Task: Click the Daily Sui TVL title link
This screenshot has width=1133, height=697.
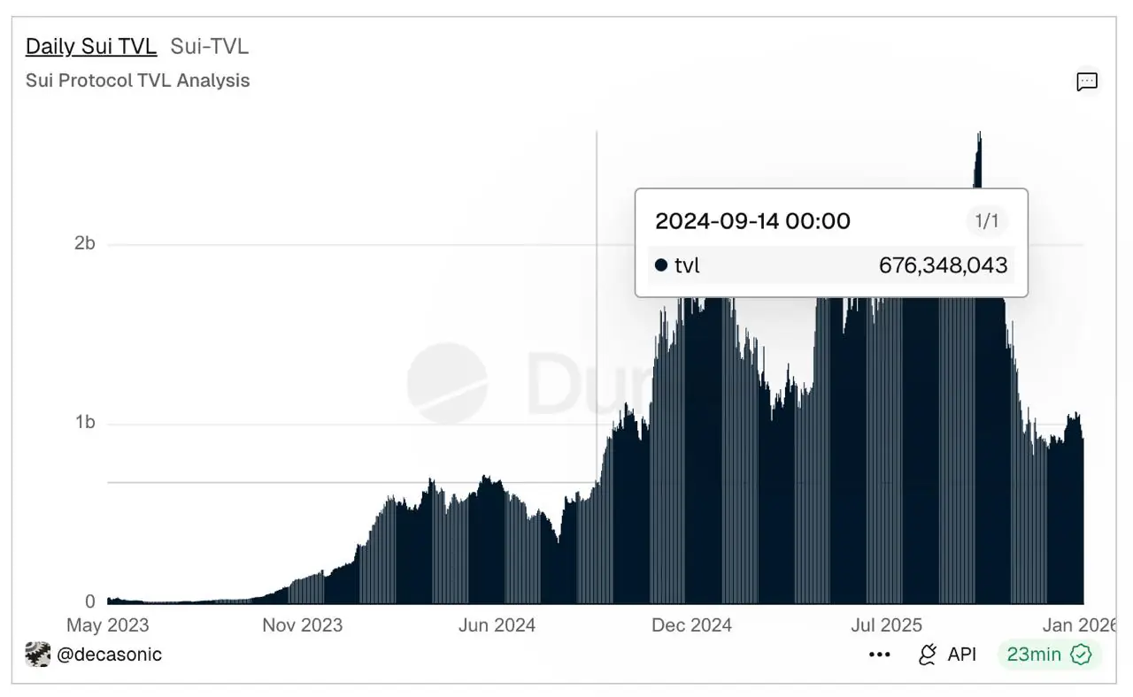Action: click(x=91, y=46)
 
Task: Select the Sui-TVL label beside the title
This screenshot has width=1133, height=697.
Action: click(x=210, y=46)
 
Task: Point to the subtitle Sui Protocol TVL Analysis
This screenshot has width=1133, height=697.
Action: click(x=137, y=80)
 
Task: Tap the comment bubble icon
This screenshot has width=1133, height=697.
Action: click(x=1087, y=82)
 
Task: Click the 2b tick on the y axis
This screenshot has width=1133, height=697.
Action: click(x=84, y=243)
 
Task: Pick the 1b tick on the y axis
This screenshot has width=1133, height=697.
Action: click(x=84, y=423)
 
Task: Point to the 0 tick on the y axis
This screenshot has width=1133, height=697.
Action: click(x=89, y=601)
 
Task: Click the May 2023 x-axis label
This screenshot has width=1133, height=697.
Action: click(x=108, y=625)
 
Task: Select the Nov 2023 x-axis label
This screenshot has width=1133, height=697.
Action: click(x=302, y=625)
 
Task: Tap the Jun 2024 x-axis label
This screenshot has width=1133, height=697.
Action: click(x=497, y=625)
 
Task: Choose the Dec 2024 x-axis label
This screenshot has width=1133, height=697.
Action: click(x=691, y=625)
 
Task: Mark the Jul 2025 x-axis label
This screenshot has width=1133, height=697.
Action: click(x=886, y=625)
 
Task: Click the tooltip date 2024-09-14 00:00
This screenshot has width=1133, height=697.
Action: click(x=752, y=221)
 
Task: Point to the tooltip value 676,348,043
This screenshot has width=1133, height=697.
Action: click(x=943, y=265)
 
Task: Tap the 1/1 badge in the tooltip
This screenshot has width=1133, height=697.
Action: click(x=986, y=221)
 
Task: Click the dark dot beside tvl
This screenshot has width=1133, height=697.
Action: click(x=661, y=265)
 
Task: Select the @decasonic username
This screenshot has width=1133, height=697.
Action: click(x=109, y=655)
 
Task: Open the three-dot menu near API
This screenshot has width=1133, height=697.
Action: click(x=879, y=655)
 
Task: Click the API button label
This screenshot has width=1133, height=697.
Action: click(x=961, y=655)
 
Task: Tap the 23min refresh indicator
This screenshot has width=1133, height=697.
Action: click(x=1034, y=655)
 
